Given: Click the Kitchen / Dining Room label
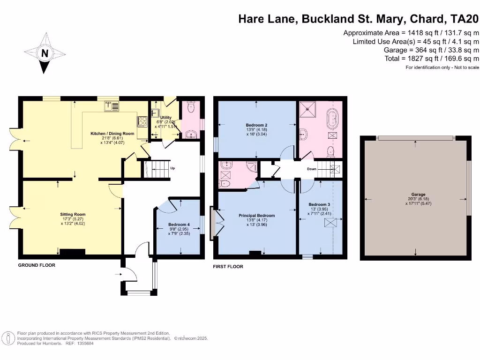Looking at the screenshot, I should [112, 134].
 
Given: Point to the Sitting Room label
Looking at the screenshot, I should [73, 214].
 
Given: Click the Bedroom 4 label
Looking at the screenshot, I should [179, 225].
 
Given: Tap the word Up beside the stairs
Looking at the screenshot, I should [172, 168].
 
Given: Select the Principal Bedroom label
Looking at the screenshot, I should [256, 216].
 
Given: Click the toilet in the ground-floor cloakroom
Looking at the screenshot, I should [190, 108].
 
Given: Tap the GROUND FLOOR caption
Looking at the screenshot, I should [37, 265].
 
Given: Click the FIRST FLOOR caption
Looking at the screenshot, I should [228, 267].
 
